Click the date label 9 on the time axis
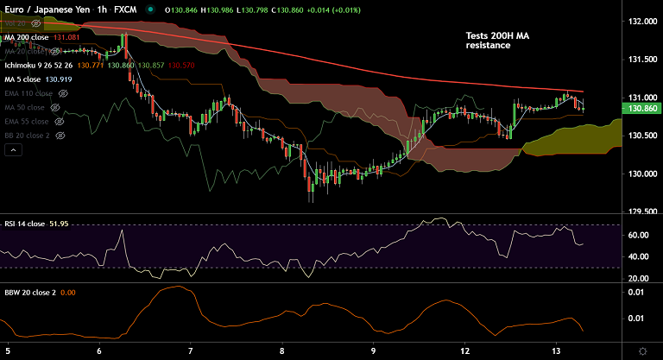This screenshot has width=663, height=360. click(373, 351)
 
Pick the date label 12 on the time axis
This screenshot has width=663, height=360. click(465, 351)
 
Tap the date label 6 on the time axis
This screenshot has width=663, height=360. click(100, 351)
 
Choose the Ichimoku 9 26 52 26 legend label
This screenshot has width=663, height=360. click(40, 65)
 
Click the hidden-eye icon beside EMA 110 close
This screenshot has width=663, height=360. click(62, 92)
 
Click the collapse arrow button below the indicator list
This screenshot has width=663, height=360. click(13, 149)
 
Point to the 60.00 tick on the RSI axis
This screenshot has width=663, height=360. click(639, 235)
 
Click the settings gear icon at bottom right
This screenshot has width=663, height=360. click(641, 351)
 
